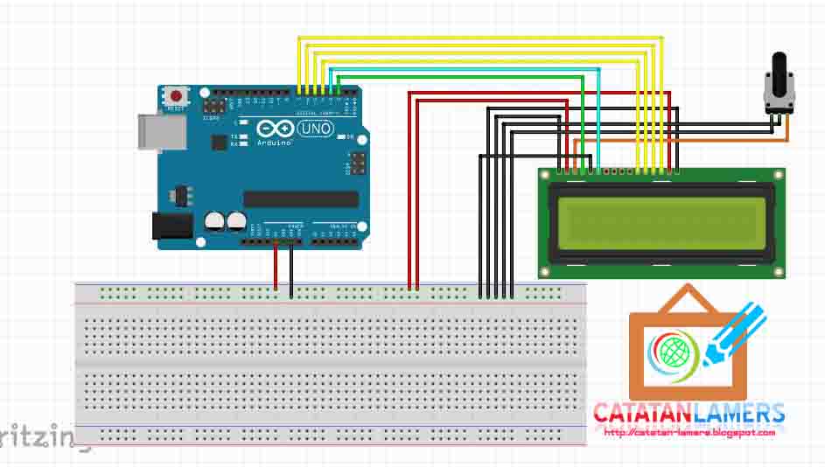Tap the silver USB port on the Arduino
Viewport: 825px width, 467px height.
[163, 130]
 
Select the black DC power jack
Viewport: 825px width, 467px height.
[171, 226]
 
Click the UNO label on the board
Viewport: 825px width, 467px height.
[315, 129]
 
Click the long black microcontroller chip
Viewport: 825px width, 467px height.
[300, 199]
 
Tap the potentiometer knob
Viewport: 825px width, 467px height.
[778, 70]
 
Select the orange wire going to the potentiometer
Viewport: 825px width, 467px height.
[700, 139]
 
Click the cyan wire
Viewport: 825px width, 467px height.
[464, 70]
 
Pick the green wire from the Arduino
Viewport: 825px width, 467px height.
[464, 77]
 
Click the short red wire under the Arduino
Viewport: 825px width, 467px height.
[276, 267]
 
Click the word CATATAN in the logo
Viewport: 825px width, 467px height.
[642, 413]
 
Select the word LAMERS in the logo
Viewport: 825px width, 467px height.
[738, 413]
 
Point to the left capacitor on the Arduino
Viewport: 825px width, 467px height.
[214, 222]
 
